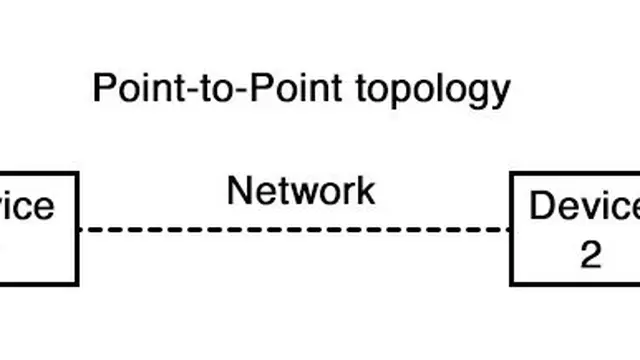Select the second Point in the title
[249, 89]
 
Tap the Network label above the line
[301, 190]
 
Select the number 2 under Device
[591, 255]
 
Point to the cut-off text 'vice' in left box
[26, 206]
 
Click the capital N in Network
[239, 190]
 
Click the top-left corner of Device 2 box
[512, 174]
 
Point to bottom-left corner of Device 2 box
[512, 284]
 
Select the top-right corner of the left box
[77, 174]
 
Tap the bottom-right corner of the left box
[77, 284]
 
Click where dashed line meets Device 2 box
[512, 230]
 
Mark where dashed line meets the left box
[78, 230]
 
